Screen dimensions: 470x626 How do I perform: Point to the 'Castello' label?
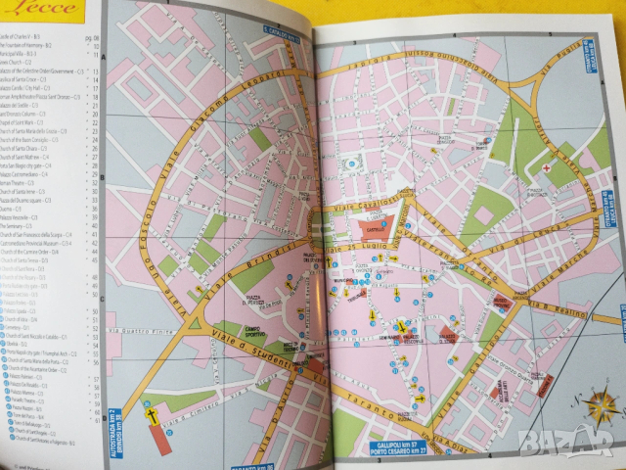click(372, 226)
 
